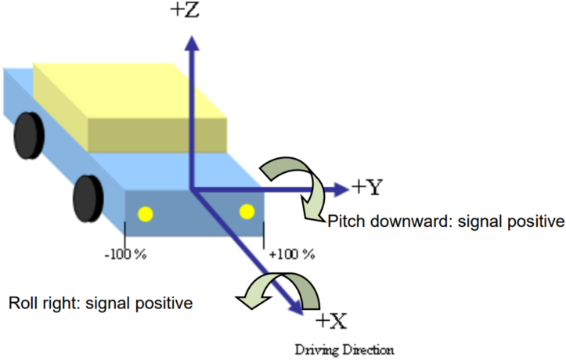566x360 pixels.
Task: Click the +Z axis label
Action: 185,9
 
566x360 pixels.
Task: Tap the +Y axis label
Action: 366,187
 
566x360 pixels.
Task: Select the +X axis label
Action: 331,321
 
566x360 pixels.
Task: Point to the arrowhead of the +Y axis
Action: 341,189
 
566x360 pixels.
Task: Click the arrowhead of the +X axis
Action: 297,307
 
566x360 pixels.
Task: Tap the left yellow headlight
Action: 146,214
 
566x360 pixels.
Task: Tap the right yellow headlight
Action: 247,211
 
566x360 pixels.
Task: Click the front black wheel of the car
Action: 88,199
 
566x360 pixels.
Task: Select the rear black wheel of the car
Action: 29,135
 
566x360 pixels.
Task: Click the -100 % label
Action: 125,254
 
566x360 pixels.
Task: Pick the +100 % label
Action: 292,254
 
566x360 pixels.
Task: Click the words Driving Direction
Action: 344,350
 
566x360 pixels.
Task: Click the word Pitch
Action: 347,221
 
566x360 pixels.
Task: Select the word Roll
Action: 23,303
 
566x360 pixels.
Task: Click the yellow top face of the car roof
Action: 130,90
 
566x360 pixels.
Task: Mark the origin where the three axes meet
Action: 192,189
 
